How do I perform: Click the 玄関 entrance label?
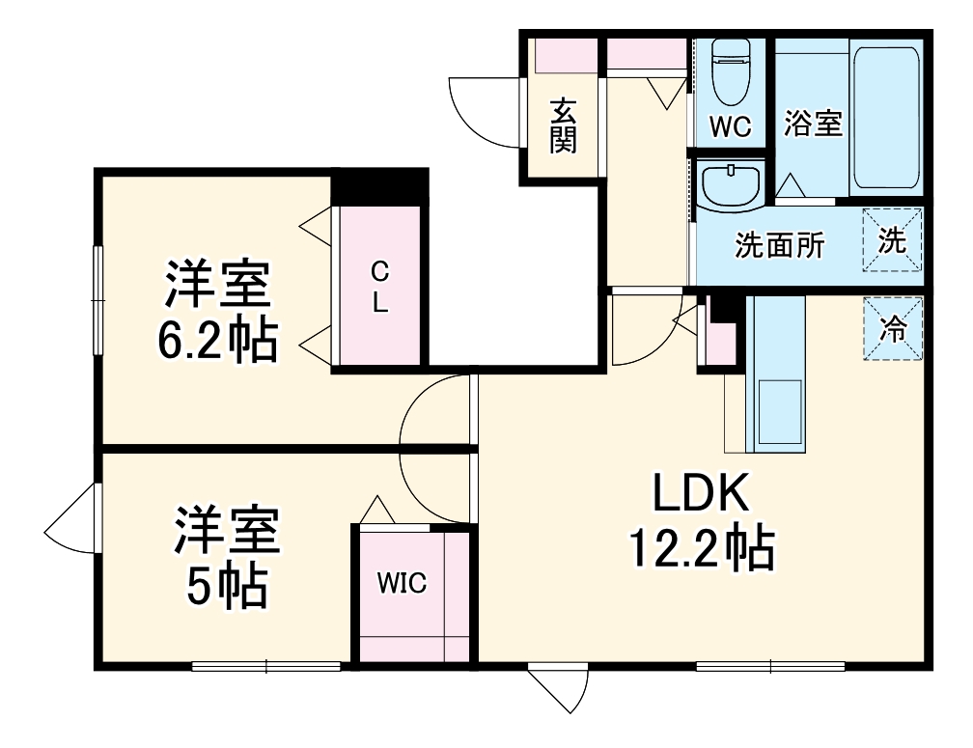564,125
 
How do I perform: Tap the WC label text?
730,127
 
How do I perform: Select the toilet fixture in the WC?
731,72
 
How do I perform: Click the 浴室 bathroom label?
813,124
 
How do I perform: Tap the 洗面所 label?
780,245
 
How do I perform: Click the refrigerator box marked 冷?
893,329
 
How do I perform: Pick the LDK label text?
701,495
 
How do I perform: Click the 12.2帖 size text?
701,548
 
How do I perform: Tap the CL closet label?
379,287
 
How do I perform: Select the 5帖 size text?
226,585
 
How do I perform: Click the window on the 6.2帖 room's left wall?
97,300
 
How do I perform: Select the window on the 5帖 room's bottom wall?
266,665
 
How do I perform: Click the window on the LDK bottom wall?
770,665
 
